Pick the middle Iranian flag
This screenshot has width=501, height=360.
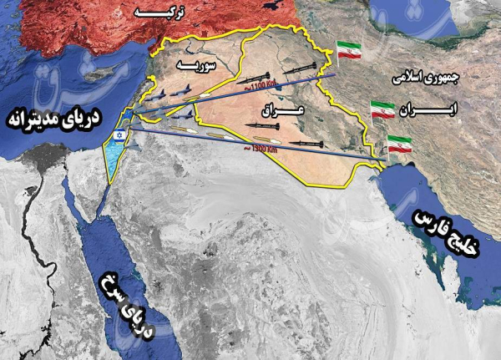(x=382, y=110)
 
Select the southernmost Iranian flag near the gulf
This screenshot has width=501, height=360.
(x=399, y=143)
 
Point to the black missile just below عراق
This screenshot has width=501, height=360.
(x=261, y=125)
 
